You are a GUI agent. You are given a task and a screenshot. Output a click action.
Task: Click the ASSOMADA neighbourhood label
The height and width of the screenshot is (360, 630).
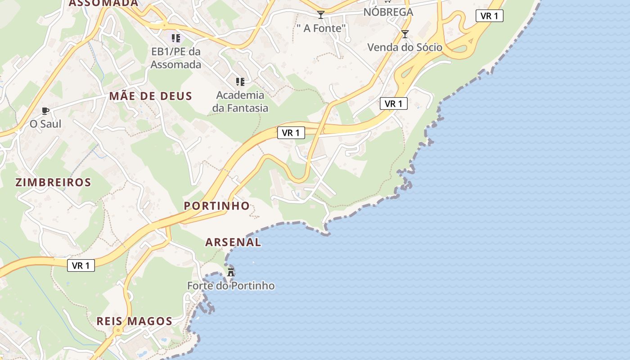point(103,3)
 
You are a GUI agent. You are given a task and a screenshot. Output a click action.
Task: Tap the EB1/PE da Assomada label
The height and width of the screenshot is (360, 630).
point(175,58)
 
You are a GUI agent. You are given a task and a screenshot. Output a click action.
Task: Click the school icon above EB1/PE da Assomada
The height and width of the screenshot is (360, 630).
point(175,38)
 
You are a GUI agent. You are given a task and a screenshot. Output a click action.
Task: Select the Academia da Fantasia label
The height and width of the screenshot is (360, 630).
point(240,101)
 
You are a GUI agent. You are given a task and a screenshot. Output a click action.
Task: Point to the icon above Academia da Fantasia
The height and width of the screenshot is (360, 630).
point(240,81)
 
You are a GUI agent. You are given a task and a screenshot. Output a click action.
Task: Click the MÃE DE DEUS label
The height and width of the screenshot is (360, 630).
point(150,96)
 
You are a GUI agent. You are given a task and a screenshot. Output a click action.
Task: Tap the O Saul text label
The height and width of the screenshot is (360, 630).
point(45,123)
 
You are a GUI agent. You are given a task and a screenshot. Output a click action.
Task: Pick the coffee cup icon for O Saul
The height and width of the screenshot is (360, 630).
point(45,111)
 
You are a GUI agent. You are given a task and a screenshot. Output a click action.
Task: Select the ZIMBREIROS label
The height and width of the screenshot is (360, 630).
point(53,182)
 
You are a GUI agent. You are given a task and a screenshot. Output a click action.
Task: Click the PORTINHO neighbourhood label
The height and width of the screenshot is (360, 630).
point(216,206)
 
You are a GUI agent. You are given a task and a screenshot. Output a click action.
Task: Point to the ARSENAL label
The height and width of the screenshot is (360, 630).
point(233,242)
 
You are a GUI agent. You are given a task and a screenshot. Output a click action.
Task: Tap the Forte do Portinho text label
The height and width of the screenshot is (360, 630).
point(231,286)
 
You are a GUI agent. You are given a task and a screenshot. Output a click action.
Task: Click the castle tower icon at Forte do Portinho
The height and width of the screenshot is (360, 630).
point(231,272)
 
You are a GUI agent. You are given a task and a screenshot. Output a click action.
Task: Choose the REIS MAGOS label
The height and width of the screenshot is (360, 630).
point(134,321)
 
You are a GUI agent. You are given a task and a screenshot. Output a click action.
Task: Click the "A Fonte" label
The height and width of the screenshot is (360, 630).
point(321,28)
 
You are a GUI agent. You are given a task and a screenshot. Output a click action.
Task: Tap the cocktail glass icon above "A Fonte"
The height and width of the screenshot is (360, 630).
point(320,15)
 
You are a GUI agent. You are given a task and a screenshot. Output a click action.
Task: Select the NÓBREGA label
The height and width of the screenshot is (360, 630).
point(388,12)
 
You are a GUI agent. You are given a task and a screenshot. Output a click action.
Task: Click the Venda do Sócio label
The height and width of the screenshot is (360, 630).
point(405,47)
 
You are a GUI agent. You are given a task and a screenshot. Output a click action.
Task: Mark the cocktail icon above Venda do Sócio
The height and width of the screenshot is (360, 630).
point(405,34)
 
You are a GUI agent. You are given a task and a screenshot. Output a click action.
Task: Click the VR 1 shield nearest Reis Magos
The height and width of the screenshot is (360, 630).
point(81,265)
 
